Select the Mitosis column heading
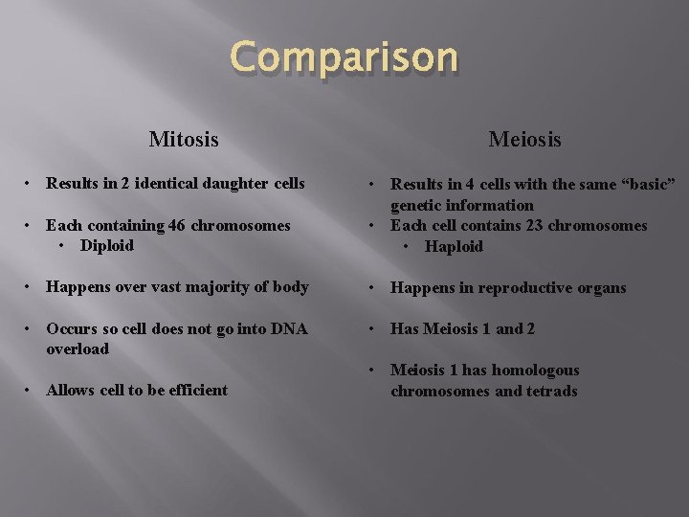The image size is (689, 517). tap(184, 140)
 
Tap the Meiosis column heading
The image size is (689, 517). tap(524, 140)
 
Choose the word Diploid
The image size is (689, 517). tap(107, 246)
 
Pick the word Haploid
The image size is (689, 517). tap(455, 247)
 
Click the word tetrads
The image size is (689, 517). tap(551, 391)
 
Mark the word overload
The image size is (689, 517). tap(78, 349)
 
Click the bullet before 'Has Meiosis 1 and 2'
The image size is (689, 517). tap(374, 329)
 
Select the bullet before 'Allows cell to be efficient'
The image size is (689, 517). tap(31, 391)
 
